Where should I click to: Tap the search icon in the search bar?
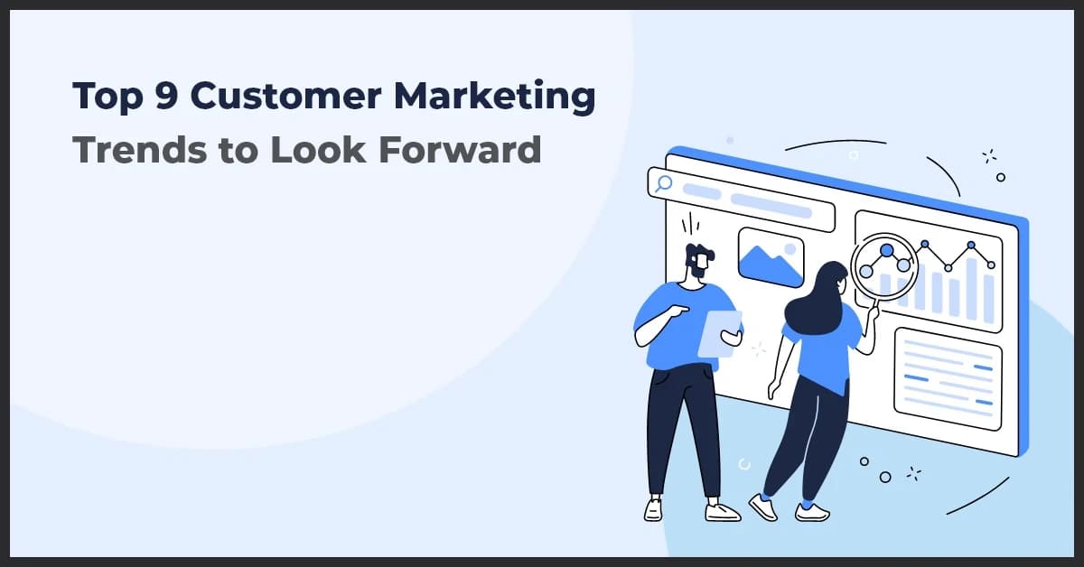665,184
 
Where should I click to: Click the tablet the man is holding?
720,333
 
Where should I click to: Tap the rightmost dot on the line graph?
991,265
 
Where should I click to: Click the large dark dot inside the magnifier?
886,250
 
